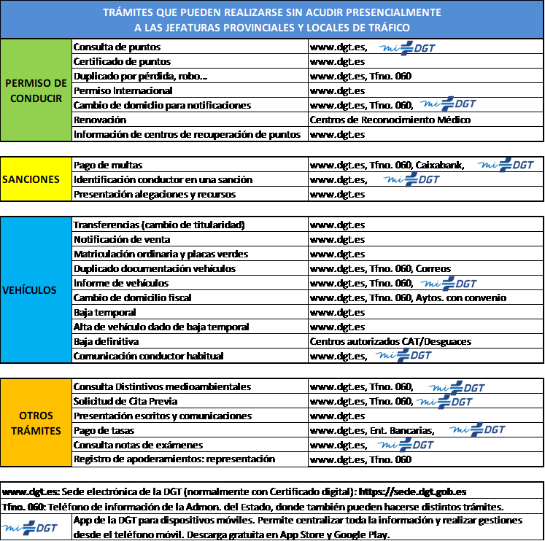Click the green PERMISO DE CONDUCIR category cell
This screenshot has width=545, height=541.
coord(36,90)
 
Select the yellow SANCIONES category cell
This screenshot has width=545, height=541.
coord(36,179)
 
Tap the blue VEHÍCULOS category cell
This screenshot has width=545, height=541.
coord(36,290)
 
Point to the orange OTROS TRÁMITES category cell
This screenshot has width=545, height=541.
coord(36,423)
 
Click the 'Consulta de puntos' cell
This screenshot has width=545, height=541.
coord(190,47)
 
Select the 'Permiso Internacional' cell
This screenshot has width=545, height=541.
coord(190,90)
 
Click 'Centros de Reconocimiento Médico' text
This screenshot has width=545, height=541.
coord(390,120)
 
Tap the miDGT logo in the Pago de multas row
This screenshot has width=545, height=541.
coord(506,165)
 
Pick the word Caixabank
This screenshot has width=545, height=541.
coord(440,165)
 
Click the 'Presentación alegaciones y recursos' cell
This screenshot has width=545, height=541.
coord(190,194)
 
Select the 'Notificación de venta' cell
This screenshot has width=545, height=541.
coord(190,239)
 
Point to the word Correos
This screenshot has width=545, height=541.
coord(433,269)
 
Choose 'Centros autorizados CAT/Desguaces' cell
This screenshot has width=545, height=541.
coord(425,341)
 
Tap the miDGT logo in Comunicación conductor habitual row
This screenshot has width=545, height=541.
coord(403,355)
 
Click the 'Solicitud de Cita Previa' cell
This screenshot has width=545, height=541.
coord(190,401)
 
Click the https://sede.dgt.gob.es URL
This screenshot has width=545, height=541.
coord(412,491)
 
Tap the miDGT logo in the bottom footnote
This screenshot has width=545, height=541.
coord(29,528)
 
